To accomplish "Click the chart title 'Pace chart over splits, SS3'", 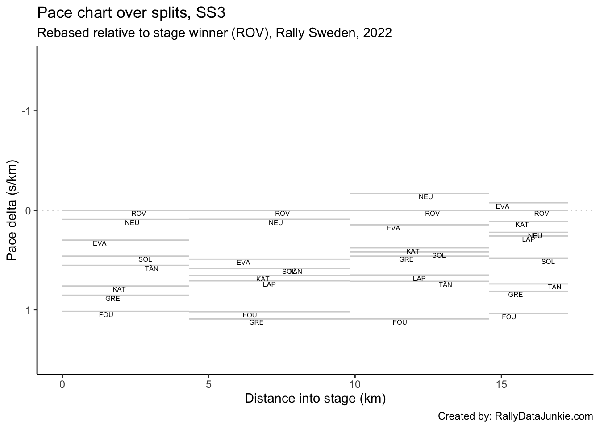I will pos(131,13).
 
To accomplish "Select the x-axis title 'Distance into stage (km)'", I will pos(315,398).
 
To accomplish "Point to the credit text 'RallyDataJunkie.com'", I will pos(544,416).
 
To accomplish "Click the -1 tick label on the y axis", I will pos(26,111).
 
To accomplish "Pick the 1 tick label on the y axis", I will pos(28,310).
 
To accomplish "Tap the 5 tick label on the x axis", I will pos(208,384).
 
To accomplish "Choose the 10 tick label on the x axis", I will pos(355,384).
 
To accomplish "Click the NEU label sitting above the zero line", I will pos(426,197).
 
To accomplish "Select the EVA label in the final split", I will pos(503,206).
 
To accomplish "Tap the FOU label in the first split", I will pos(106,315).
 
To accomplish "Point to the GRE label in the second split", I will pos(256,322).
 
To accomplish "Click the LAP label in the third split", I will pos(419,279).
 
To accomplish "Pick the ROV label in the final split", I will pos(542,214).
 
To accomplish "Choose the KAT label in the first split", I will pos(119,289).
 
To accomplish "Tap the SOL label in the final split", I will pos(548,262).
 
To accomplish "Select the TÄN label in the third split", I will pos(446,285).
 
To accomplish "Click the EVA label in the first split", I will pos(100,243).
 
